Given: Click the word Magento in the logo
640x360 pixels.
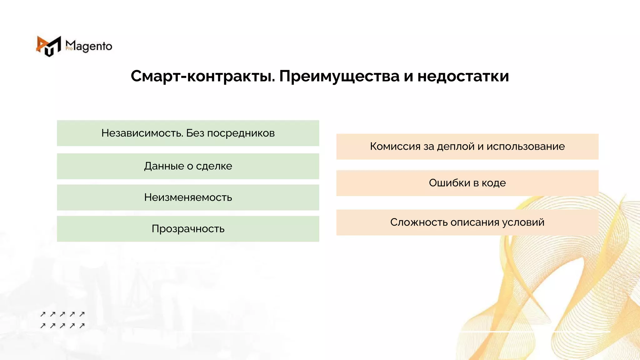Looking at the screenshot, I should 89,46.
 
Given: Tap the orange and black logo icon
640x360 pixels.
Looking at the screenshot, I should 49,46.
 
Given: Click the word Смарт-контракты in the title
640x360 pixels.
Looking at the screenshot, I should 202,76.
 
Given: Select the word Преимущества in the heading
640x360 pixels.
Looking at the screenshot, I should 339,76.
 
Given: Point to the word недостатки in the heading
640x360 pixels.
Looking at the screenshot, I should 463,76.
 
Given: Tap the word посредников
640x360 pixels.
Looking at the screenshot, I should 241,133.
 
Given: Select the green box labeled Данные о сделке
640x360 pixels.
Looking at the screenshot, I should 188,166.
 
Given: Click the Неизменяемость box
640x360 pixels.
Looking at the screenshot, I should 188,197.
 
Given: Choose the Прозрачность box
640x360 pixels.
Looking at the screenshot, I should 188,229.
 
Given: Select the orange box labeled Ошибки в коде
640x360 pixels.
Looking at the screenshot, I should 467,183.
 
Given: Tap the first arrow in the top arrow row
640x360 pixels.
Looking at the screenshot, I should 43,314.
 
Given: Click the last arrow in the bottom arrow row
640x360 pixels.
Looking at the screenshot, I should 82,326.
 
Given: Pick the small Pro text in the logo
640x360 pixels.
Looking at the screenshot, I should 69,49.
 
